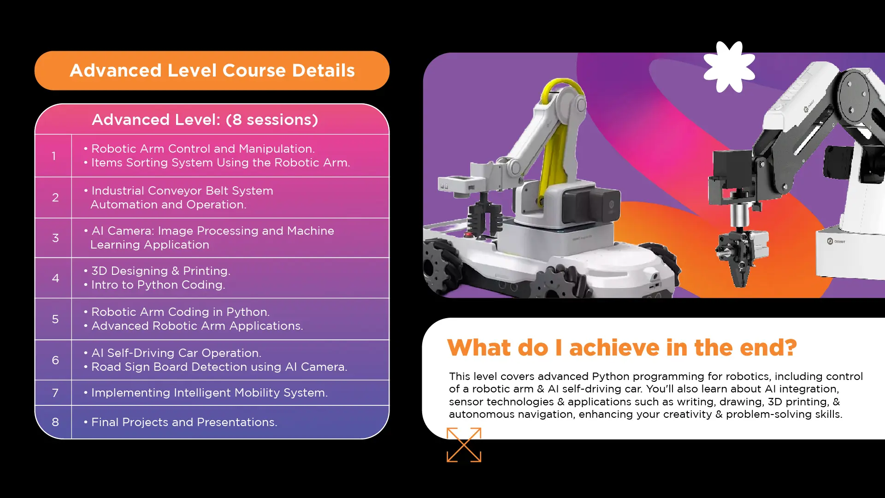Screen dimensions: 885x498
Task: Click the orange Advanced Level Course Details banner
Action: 212,71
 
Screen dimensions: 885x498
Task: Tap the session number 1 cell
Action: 53,156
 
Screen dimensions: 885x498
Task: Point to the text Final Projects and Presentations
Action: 184,422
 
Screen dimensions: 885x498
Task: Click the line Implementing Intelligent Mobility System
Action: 209,393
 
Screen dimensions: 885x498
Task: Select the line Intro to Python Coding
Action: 158,285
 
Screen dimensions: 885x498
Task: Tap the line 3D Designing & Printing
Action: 160,271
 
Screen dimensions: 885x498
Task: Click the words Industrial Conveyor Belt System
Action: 182,191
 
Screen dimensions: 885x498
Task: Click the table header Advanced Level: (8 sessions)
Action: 205,120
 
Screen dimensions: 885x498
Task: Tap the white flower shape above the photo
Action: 729,67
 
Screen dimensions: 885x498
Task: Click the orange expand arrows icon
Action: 464,445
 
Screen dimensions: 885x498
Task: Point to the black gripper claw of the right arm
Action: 739,258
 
